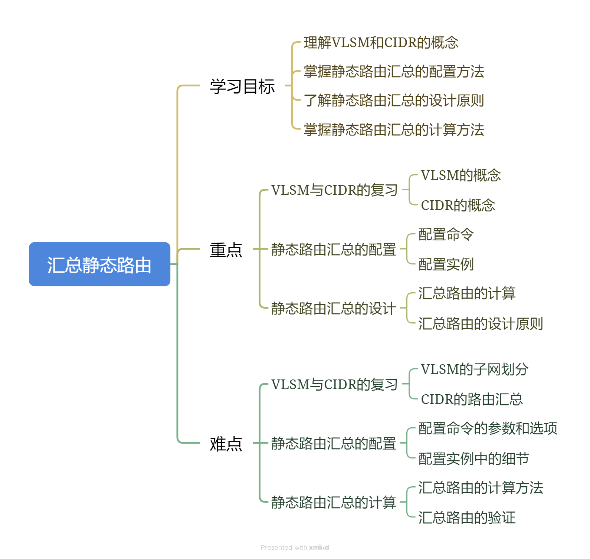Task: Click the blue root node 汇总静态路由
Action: [99, 264]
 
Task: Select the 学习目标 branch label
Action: [242, 86]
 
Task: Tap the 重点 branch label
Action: [226, 250]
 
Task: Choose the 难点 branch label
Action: [226, 444]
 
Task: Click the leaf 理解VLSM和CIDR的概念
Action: [381, 43]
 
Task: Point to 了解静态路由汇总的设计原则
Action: [394, 101]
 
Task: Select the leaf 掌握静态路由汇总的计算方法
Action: [394, 130]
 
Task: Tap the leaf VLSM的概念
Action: [460, 175]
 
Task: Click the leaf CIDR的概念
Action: [458, 205]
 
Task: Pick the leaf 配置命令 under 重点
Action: [446, 234]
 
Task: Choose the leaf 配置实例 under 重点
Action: [446, 264]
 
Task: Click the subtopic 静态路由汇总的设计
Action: [334, 308]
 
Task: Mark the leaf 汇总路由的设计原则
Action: [481, 323]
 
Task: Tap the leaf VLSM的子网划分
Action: [475, 369]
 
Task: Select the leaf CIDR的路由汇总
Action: [472, 399]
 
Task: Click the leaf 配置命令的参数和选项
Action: [488, 428]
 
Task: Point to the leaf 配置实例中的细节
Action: [473, 459]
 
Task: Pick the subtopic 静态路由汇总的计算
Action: [334, 503]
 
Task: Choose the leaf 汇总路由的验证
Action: [467, 517]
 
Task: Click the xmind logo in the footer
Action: [319, 548]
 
